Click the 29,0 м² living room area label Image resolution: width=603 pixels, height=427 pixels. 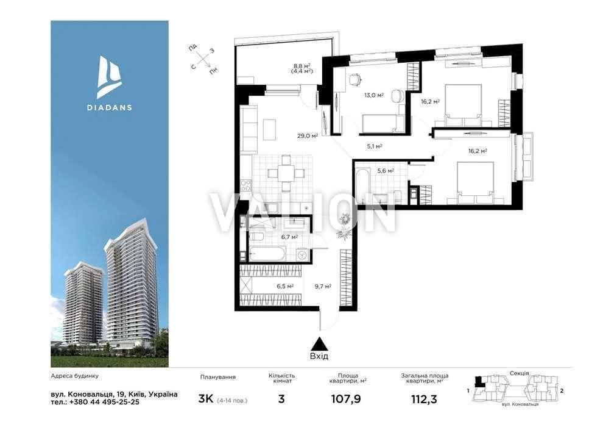tap(307, 135)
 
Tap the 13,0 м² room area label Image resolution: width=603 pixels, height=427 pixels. tap(374, 95)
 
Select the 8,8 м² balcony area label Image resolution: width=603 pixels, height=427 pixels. tap(302, 66)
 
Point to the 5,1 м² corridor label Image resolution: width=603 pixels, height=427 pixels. tap(374, 146)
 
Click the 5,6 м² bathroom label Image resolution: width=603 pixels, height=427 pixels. tap(386, 171)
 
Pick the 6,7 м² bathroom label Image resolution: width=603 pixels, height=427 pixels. tap(289, 237)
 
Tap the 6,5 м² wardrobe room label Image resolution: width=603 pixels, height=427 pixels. tap(285, 286)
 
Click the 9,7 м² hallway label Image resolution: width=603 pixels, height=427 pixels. tap(323, 286)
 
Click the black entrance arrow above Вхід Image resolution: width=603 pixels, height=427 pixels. tap(319, 344)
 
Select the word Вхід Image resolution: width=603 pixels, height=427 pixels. tap(319, 356)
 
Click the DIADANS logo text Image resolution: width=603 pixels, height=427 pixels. tap(109, 107)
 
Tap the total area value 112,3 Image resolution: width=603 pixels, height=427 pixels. tap(424, 400)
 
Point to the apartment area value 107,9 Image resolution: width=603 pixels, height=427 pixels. tap(346, 400)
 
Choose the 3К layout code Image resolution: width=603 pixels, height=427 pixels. tap(206, 399)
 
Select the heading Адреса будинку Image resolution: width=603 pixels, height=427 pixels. tap(74, 376)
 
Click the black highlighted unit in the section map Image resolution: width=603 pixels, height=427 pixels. tap(479, 381)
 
